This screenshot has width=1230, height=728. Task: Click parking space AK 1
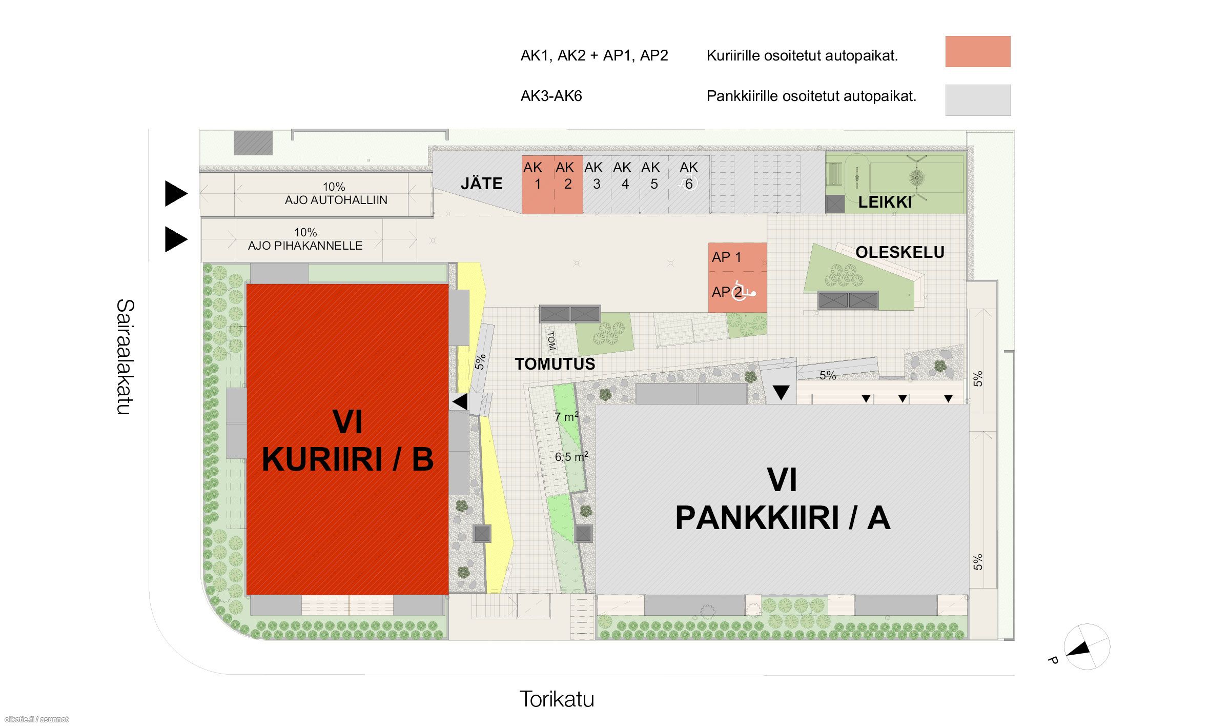pos(538,185)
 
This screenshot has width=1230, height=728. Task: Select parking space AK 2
pos(568,185)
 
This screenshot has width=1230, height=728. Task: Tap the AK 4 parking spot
pos(625,185)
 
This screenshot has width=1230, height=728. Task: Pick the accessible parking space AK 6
pos(689,185)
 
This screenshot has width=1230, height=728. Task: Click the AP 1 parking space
pos(737,257)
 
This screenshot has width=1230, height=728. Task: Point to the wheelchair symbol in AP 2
pos(744,291)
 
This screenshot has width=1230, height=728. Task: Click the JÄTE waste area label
pos(481,184)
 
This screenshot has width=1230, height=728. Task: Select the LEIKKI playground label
pos(885,202)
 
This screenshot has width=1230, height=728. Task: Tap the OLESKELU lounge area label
pos(900,252)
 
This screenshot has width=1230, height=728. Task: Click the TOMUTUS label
pos(555,364)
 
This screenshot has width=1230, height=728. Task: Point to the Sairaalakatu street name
pos(125,357)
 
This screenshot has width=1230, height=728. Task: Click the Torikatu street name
pos(557,699)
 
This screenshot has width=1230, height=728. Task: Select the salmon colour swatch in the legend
pos(978,51)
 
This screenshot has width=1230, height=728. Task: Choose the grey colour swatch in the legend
pos(978,100)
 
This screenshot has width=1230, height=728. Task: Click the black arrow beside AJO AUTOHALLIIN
pos(175,194)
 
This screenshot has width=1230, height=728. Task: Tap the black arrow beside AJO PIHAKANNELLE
pos(175,239)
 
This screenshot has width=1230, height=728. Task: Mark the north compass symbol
pos(1086,647)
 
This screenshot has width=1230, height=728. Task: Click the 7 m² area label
pos(567,416)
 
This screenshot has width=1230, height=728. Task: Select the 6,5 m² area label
pos(571,456)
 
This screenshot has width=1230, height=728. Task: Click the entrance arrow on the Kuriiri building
pos(460,401)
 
